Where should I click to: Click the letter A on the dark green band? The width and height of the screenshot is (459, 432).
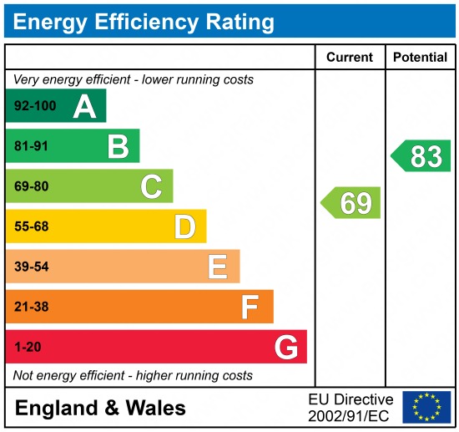coord(84,106)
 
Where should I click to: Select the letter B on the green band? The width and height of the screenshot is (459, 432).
coord(118,146)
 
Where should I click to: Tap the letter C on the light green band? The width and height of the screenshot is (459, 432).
coord(151,186)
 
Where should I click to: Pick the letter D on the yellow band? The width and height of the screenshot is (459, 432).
coord(184,226)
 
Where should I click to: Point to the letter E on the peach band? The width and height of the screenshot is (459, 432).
coord(217,267)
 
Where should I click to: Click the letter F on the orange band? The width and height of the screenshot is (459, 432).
coord(250,307)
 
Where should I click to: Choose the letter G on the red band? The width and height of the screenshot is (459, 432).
coord(286,347)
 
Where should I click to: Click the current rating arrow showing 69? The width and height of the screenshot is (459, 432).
coord(351,203)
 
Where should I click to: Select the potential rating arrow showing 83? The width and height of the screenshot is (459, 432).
coord(421,156)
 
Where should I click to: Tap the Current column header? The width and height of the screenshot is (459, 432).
coord(350,58)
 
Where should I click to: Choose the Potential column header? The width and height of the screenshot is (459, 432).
coord(421,58)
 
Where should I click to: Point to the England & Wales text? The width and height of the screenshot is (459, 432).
coord(100,408)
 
